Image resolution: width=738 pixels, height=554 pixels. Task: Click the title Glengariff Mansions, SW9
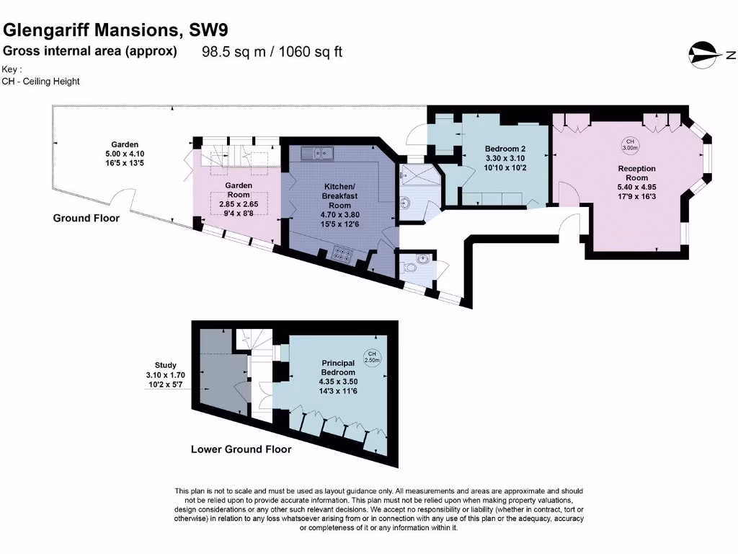[117, 30]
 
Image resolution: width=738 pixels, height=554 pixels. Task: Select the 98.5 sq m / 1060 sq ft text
[272, 52]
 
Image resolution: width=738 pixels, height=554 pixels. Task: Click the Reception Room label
[636, 173]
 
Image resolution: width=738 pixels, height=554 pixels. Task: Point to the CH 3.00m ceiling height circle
[630, 144]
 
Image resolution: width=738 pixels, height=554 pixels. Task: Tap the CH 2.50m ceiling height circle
[371, 357]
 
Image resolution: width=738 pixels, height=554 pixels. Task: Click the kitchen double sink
[318, 151]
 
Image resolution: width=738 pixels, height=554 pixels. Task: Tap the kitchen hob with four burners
[341, 254]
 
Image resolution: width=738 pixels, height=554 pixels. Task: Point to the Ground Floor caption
[86, 218]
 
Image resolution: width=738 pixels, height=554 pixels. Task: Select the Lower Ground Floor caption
[241, 449]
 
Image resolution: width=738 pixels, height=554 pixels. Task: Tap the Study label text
[165, 365]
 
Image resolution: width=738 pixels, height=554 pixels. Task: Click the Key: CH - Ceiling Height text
[41, 76]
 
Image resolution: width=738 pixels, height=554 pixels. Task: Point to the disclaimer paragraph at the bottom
[379, 509]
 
